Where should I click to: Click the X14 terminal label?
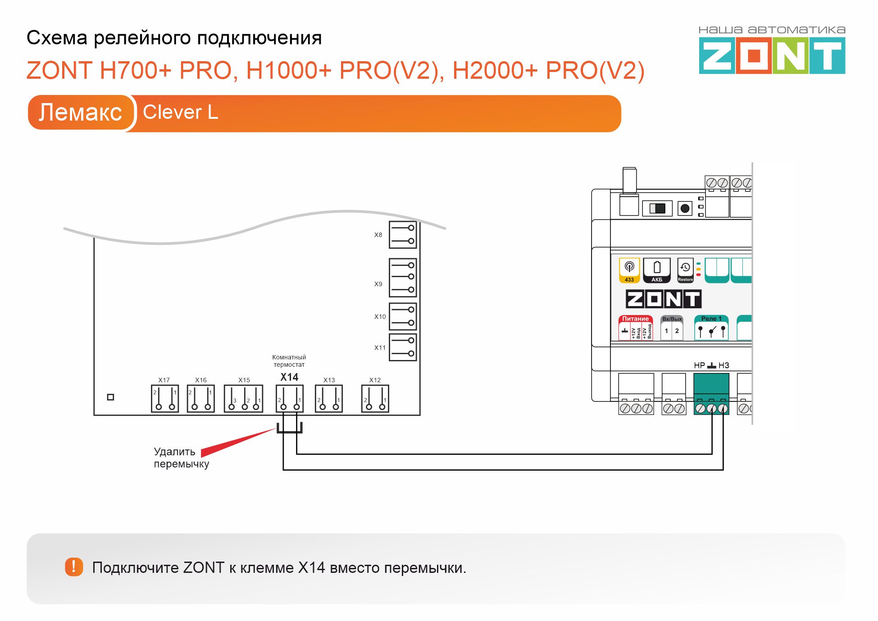[289, 377]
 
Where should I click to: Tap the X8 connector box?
[403, 234]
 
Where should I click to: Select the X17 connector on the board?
[165, 399]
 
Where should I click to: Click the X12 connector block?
[375, 399]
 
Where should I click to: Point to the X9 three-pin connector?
[403, 278]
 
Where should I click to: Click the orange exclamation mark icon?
[74, 567]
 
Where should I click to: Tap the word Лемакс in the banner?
[80, 112]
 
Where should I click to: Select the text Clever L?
[180, 112]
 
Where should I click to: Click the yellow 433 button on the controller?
[629, 270]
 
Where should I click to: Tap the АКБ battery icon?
[657, 270]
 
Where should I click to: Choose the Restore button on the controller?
[685, 270]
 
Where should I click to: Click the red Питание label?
[635, 319]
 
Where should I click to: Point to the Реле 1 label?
[711, 319]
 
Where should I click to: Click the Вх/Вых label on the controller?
[672, 319]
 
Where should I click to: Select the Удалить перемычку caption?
[181, 458]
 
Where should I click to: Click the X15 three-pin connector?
[244, 399]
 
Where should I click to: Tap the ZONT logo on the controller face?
[663, 299]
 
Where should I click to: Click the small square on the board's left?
[110, 397]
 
